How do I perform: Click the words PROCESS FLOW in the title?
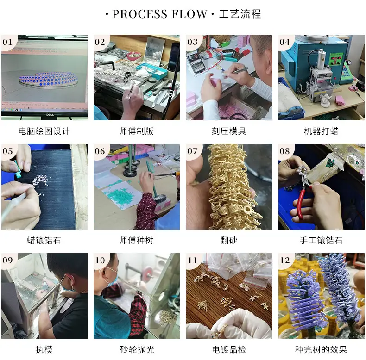[160, 14]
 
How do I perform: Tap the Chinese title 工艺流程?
[240, 14]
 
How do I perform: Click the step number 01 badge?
[7, 42]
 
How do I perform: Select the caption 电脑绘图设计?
[44, 131]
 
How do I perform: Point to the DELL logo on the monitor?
[50, 115]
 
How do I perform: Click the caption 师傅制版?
[136, 131]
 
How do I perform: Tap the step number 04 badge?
[284, 42]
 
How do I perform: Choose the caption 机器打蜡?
[321, 131]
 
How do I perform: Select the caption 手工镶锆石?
[321, 240]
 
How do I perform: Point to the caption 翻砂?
[229, 240]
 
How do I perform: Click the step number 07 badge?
[192, 151]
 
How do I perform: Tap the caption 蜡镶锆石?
[44, 240]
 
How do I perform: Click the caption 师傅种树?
[136, 240]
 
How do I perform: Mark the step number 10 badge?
[100, 260]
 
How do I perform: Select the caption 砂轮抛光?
[137, 349]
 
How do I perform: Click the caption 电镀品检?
[229, 349]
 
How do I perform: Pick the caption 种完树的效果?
[321, 349]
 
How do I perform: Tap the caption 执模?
[44, 349]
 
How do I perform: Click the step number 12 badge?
[284, 260]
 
